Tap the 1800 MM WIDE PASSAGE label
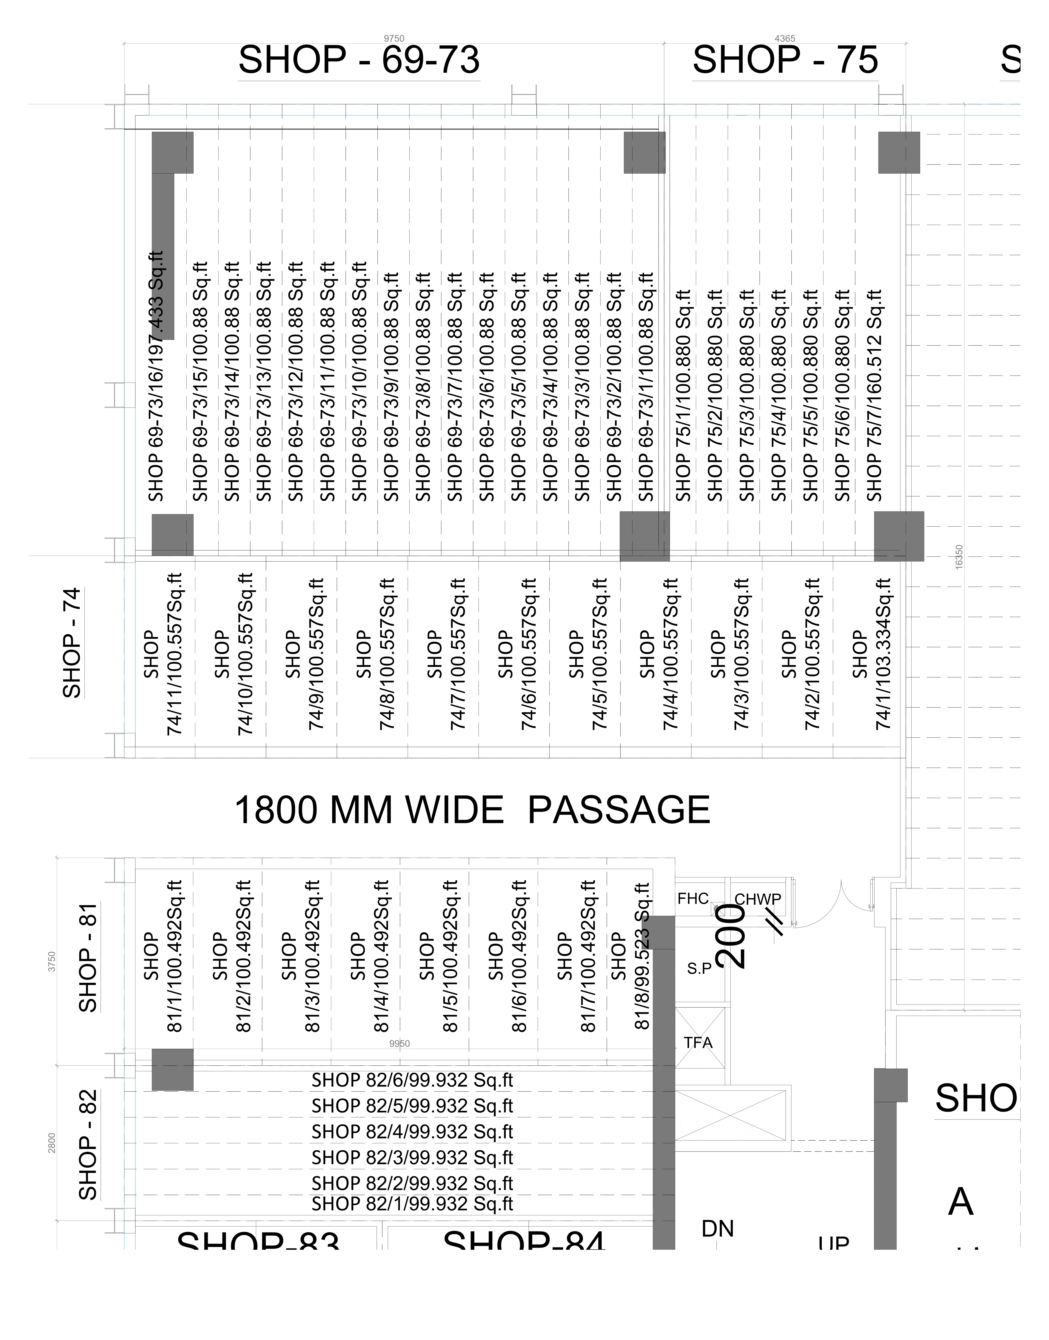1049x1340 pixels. [472, 810]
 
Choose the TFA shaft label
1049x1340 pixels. [698, 1043]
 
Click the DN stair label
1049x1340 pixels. [717, 1229]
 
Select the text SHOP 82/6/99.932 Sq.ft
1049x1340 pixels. [412, 1080]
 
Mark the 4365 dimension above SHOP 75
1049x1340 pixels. [785, 38]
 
